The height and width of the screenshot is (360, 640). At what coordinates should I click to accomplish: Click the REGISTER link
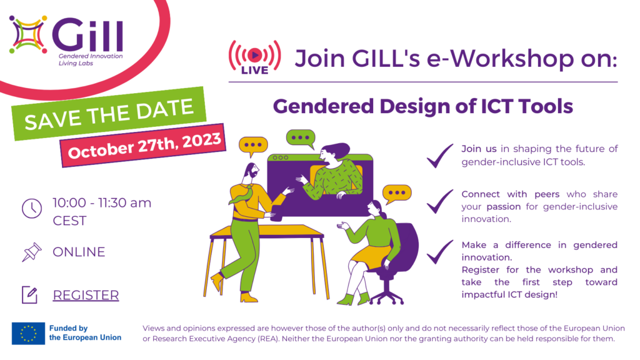click(86, 295)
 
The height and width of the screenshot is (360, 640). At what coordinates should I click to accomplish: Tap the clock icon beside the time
click(32, 209)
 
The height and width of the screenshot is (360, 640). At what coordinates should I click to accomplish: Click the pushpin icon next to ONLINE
click(32, 252)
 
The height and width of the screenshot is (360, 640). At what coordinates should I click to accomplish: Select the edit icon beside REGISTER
click(30, 295)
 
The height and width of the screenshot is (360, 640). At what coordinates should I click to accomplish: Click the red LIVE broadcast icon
click(255, 57)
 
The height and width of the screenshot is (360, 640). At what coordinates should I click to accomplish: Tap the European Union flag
click(28, 334)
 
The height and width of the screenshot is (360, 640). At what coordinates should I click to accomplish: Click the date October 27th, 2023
click(144, 146)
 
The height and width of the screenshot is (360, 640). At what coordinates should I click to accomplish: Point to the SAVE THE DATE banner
click(109, 114)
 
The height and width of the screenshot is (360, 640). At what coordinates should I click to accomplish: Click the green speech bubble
click(301, 139)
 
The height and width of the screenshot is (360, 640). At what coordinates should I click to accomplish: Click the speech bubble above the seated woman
click(397, 194)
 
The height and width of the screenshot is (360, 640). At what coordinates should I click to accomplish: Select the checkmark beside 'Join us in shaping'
click(439, 156)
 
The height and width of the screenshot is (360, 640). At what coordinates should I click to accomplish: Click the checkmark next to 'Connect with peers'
click(439, 202)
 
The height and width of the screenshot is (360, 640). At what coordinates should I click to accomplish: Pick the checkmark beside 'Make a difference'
click(439, 252)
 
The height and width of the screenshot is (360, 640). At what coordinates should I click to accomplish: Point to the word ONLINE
click(79, 252)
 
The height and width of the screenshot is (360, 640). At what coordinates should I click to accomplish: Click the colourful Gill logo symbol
click(28, 35)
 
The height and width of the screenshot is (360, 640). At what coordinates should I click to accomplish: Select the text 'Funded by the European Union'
click(85, 333)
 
